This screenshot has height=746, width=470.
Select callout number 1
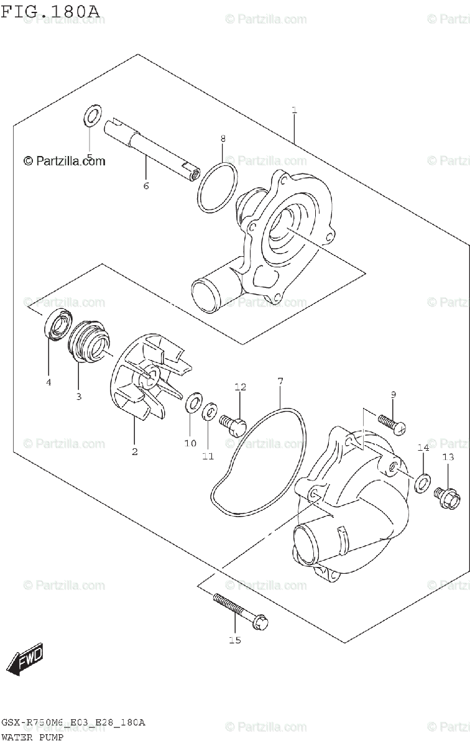tap(294, 111)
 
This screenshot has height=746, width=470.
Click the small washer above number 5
tap(92, 116)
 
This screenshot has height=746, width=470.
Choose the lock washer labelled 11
tap(210, 411)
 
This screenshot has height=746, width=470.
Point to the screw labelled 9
tap(391, 423)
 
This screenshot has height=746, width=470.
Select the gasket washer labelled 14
tap(423, 481)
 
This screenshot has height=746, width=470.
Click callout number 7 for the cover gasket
tap(280, 380)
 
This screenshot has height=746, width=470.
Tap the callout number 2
tap(134, 451)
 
